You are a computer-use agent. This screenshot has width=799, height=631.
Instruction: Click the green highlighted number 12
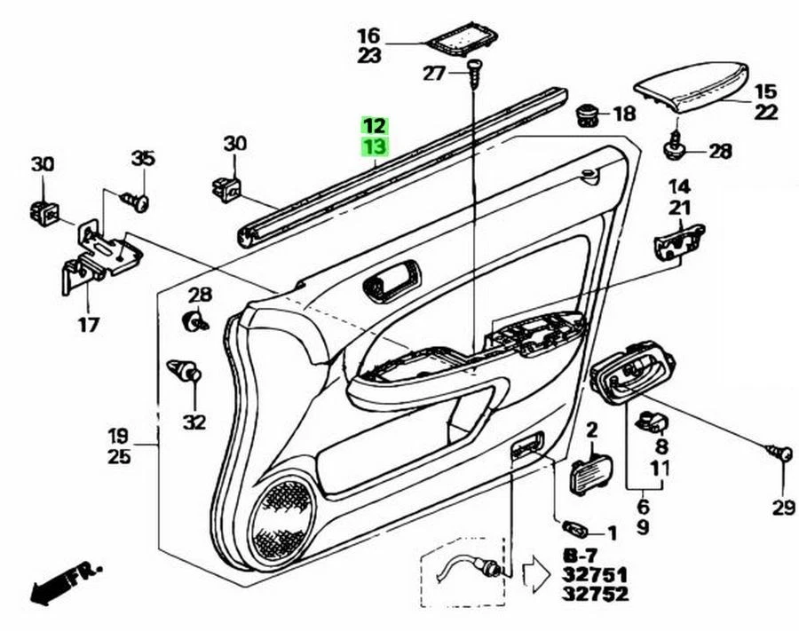(x=374, y=126)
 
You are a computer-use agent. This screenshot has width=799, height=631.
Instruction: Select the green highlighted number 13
(x=374, y=146)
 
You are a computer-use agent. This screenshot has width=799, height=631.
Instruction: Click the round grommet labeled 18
(x=587, y=114)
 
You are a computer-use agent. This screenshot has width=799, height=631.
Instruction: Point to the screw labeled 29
(x=781, y=453)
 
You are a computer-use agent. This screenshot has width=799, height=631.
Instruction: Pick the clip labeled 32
(x=184, y=370)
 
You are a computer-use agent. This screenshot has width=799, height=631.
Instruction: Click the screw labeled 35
(x=138, y=201)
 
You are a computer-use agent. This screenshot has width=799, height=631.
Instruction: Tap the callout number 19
(x=118, y=437)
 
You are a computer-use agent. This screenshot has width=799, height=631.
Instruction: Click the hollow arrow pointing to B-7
(x=536, y=572)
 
